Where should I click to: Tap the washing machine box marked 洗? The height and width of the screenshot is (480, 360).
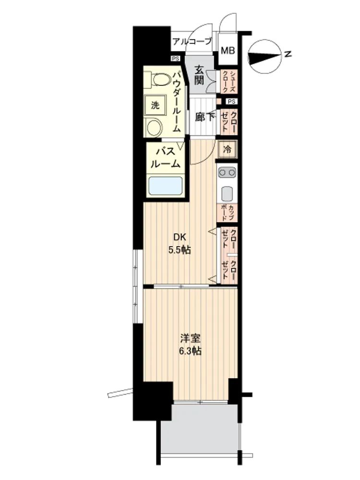click(x=155, y=106)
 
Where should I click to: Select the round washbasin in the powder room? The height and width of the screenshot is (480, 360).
click(x=155, y=127)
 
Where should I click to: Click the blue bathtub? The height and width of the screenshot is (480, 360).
click(x=165, y=185)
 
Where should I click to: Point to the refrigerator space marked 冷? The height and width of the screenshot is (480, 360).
click(x=227, y=150)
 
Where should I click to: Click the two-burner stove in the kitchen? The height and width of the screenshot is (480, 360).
click(x=227, y=172)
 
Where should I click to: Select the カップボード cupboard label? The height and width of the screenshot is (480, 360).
click(x=227, y=213)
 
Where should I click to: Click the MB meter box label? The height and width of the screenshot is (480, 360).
click(x=228, y=50)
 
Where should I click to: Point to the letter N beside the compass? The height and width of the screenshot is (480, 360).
click(x=288, y=55)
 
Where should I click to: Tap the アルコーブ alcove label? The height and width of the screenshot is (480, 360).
click(x=192, y=41)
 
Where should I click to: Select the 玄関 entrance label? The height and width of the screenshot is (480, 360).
click(x=199, y=75)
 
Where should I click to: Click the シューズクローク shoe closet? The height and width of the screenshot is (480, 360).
click(x=228, y=81)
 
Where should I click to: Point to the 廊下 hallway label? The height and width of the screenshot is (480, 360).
click(x=204, y=117)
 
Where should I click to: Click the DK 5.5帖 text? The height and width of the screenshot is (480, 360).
click(x=179, y=244)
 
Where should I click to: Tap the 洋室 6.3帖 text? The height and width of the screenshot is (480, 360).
click(x=190, y=344)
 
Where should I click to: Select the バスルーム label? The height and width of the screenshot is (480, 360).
click(x=164, y=157)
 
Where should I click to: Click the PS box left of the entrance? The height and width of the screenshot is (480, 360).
click(x=175, y=59)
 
